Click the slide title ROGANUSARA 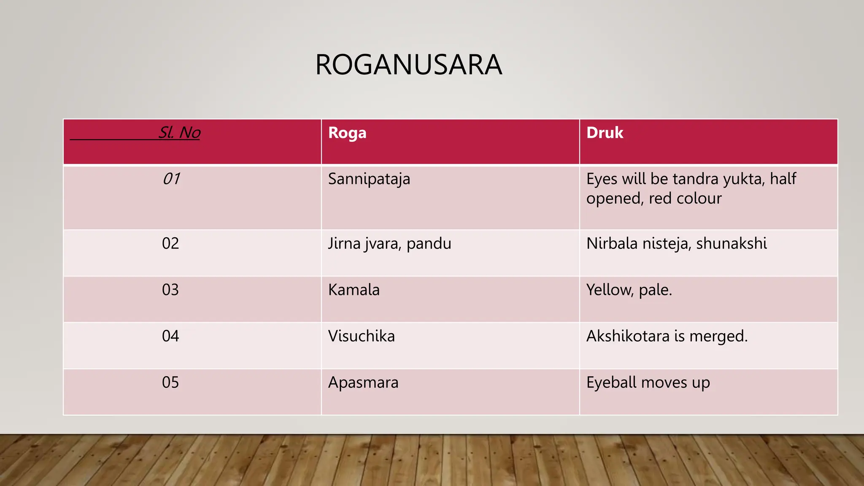[x=408, y=65]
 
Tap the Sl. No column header [x=179, y=133]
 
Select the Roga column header [x=347, y=133]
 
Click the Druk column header [x=605, y=133]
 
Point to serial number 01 [x=171, y=179]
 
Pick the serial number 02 [x=170, y=243]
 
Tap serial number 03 [x=170, y=290]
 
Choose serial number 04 [x=170, y=336]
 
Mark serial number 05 [x=170, y=383]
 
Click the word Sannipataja [x=369, y=179]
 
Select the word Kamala [x=354, y=290]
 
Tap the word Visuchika [x=362, y=336]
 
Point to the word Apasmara [x=363, y=383]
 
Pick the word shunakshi [x=731, y=243]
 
